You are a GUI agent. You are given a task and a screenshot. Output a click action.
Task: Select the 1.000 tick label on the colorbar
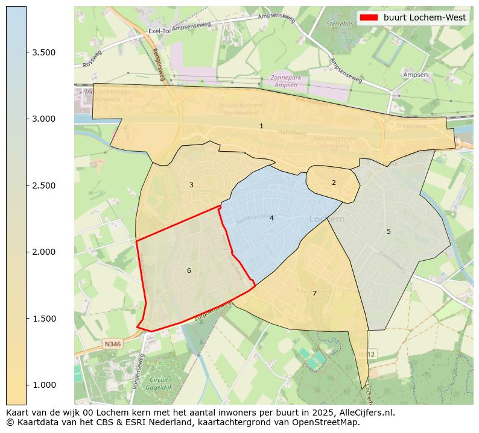click(43, 385)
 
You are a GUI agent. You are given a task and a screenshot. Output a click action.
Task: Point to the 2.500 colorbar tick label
click(43, 185)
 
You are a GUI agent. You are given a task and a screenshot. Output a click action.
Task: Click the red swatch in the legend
click(368, 17)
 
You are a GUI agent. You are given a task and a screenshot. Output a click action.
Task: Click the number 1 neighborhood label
click(261, 126)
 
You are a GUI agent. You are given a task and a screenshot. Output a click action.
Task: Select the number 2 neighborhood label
click(334, 182)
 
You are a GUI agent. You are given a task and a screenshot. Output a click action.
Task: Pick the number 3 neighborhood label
click(191, 185)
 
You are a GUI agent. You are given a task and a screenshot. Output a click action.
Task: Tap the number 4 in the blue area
click(271, 218)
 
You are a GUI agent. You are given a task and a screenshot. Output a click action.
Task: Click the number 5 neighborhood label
click(389, 231)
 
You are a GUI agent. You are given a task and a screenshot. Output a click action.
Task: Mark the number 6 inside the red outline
click(189, 270)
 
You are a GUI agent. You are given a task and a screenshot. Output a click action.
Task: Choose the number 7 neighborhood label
click(314, 293)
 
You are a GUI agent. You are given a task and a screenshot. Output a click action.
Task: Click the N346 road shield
click(112, 344)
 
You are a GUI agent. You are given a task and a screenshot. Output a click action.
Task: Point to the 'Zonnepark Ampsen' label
click(285, 81)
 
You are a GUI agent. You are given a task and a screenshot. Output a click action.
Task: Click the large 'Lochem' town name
click(326, 219)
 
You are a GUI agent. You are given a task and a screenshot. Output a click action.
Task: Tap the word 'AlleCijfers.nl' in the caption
click(367, 413)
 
